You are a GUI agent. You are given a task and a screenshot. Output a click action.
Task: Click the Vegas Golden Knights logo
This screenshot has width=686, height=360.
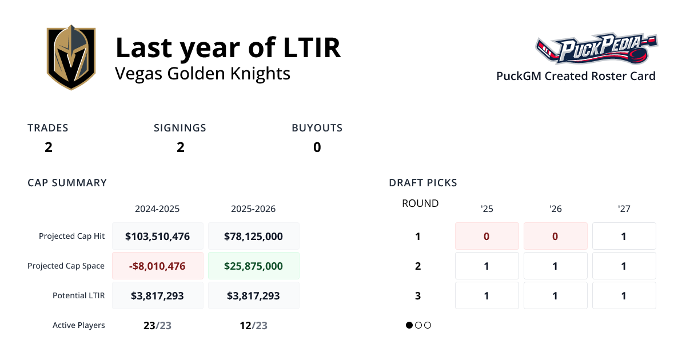[71, 57]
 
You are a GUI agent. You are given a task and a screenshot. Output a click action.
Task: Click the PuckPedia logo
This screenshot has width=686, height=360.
[596, 50]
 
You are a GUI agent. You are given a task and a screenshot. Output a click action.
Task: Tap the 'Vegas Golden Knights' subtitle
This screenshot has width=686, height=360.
[202, 74]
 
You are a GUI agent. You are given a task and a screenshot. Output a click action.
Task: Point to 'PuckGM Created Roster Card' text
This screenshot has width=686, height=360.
[576, 76]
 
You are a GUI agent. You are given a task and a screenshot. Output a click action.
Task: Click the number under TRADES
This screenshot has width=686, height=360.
[49, 147]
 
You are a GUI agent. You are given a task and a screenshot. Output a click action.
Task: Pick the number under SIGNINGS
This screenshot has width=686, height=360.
[180, 147]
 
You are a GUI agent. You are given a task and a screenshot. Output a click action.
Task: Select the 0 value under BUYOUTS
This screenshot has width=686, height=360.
[317, 147]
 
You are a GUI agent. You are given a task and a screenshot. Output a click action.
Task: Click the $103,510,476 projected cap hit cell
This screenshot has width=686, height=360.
[158, 236]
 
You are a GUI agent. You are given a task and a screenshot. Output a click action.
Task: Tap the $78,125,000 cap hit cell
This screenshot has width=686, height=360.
[254, 236]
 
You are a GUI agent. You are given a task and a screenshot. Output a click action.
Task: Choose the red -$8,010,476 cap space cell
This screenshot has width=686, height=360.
[158, 266]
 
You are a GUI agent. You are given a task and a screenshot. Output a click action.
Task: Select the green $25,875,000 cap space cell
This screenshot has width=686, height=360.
[254, 266]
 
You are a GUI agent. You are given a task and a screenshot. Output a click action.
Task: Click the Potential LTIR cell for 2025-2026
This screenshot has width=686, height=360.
[254, 295]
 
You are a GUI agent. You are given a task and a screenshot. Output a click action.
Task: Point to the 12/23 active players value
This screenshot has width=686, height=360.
[254, 326]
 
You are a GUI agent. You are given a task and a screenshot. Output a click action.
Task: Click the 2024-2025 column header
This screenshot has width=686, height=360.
[157, 209]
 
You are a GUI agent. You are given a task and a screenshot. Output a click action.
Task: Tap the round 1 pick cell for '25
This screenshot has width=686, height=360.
[486, 236]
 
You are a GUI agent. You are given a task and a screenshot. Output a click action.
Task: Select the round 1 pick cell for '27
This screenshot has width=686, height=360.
[624, 236]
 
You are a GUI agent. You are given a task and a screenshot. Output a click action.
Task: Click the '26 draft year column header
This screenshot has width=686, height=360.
[555, 209]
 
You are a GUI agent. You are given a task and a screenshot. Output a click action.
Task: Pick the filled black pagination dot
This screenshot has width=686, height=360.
[409, 325]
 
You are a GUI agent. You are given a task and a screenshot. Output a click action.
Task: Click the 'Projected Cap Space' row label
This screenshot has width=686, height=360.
[66, 266]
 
